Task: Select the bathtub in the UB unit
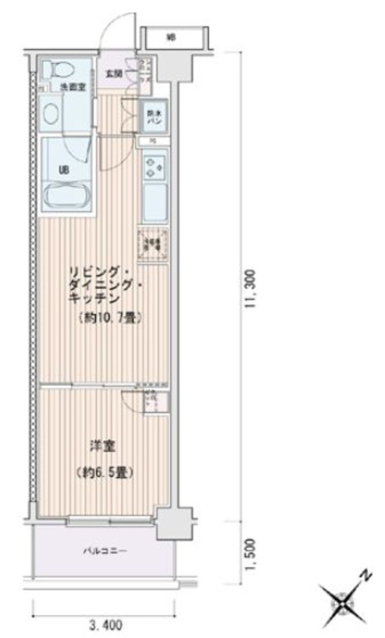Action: [x=66, y=195]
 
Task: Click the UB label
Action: [x=65, y=169]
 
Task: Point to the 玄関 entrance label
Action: [x=114, y=73]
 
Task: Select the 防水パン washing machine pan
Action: [x=154, y=117]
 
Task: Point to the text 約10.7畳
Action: [x=111, y=318]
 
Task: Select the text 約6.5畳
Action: [x=107, y=473]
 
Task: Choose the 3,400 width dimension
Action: [x=103, y=623]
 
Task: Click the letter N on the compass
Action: [x=364, y=575]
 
